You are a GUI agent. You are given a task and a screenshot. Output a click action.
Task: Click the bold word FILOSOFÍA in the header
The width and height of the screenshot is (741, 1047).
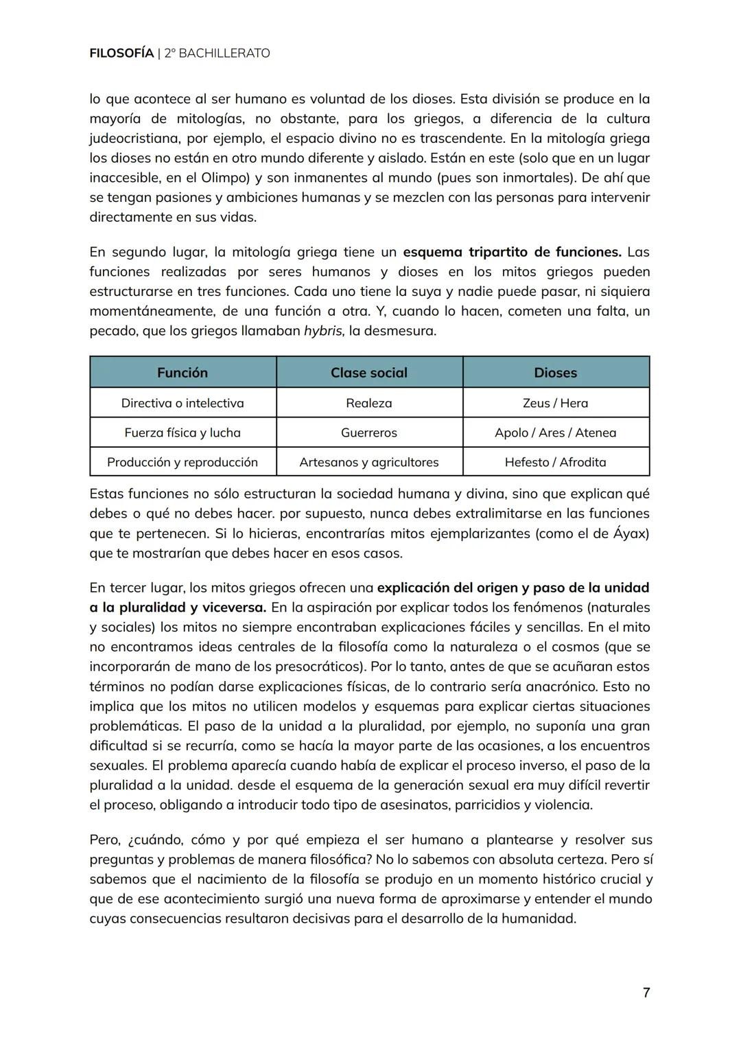pos(121,53)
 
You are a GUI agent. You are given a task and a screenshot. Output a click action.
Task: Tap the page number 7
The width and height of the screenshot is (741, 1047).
pos(646,992)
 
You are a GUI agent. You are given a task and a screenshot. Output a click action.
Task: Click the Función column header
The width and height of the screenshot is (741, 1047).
pos(183,372)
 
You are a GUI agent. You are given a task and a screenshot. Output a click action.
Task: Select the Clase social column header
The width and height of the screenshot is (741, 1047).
pos(369,372)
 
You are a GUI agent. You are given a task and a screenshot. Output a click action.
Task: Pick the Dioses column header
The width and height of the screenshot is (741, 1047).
pos(556,372)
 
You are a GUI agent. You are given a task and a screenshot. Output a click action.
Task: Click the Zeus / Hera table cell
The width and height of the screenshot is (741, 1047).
pos(556,403)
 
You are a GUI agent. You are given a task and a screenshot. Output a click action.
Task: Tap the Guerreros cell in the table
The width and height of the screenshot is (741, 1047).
pos(369,433)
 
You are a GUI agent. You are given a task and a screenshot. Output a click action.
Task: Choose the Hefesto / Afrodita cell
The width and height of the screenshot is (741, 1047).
pos(556,462)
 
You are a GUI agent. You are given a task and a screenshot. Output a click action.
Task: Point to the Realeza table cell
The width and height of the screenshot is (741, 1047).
pos(369,403)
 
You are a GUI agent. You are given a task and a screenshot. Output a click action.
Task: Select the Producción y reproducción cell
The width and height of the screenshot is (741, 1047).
pos(183,462)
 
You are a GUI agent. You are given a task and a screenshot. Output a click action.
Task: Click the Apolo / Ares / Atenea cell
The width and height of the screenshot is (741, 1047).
pos(556,433)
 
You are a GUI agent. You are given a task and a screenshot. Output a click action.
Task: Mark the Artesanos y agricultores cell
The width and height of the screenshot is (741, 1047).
pos(369,462)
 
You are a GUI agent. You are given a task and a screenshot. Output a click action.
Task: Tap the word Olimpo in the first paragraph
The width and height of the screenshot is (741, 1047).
pos(220,178)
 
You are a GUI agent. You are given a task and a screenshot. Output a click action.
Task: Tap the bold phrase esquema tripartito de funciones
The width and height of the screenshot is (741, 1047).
pos(512,252)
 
